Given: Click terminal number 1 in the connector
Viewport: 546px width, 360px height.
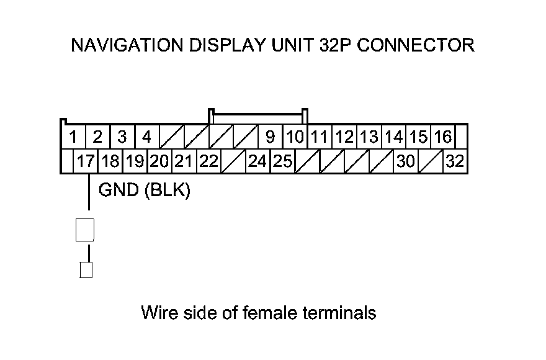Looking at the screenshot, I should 73,136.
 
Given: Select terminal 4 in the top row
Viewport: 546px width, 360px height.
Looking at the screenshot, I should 147,136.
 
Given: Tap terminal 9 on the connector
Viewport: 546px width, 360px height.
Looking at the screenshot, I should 270,136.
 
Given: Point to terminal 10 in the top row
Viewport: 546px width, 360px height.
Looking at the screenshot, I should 295,136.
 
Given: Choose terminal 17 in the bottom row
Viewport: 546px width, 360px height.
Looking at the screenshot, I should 85,161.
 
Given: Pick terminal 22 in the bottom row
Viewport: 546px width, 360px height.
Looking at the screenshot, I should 209,161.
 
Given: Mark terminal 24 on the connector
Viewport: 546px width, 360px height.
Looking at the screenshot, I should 257,161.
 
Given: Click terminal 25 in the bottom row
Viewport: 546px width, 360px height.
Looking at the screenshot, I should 283,161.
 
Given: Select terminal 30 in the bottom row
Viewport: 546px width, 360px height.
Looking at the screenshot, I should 406,161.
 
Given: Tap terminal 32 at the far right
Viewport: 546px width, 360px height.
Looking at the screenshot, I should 455,161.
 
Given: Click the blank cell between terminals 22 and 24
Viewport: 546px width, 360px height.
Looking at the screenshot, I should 233,161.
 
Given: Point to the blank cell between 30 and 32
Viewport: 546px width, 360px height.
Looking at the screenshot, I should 431,161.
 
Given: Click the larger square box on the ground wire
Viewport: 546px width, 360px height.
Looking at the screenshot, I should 84,230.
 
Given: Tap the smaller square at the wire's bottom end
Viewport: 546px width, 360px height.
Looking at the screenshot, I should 86,271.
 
